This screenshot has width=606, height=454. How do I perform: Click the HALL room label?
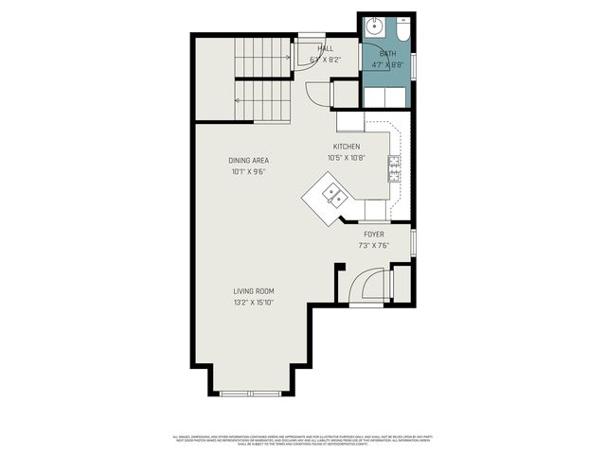pos(326,48)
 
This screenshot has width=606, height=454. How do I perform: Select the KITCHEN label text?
pos(346,147)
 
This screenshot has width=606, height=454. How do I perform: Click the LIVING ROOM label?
pos(253,290)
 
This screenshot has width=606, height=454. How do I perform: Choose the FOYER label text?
pos(373,234)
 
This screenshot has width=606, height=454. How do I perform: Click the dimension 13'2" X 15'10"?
pos(253,303)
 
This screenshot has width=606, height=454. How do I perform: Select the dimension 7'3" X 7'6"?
pos(373,246)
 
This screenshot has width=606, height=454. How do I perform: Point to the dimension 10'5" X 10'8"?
pos(346,158)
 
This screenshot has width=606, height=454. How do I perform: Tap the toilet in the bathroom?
pos(402,29)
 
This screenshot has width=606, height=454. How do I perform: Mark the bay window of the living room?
pos(251,392)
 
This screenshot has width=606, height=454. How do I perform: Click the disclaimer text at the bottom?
pos(302,440)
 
